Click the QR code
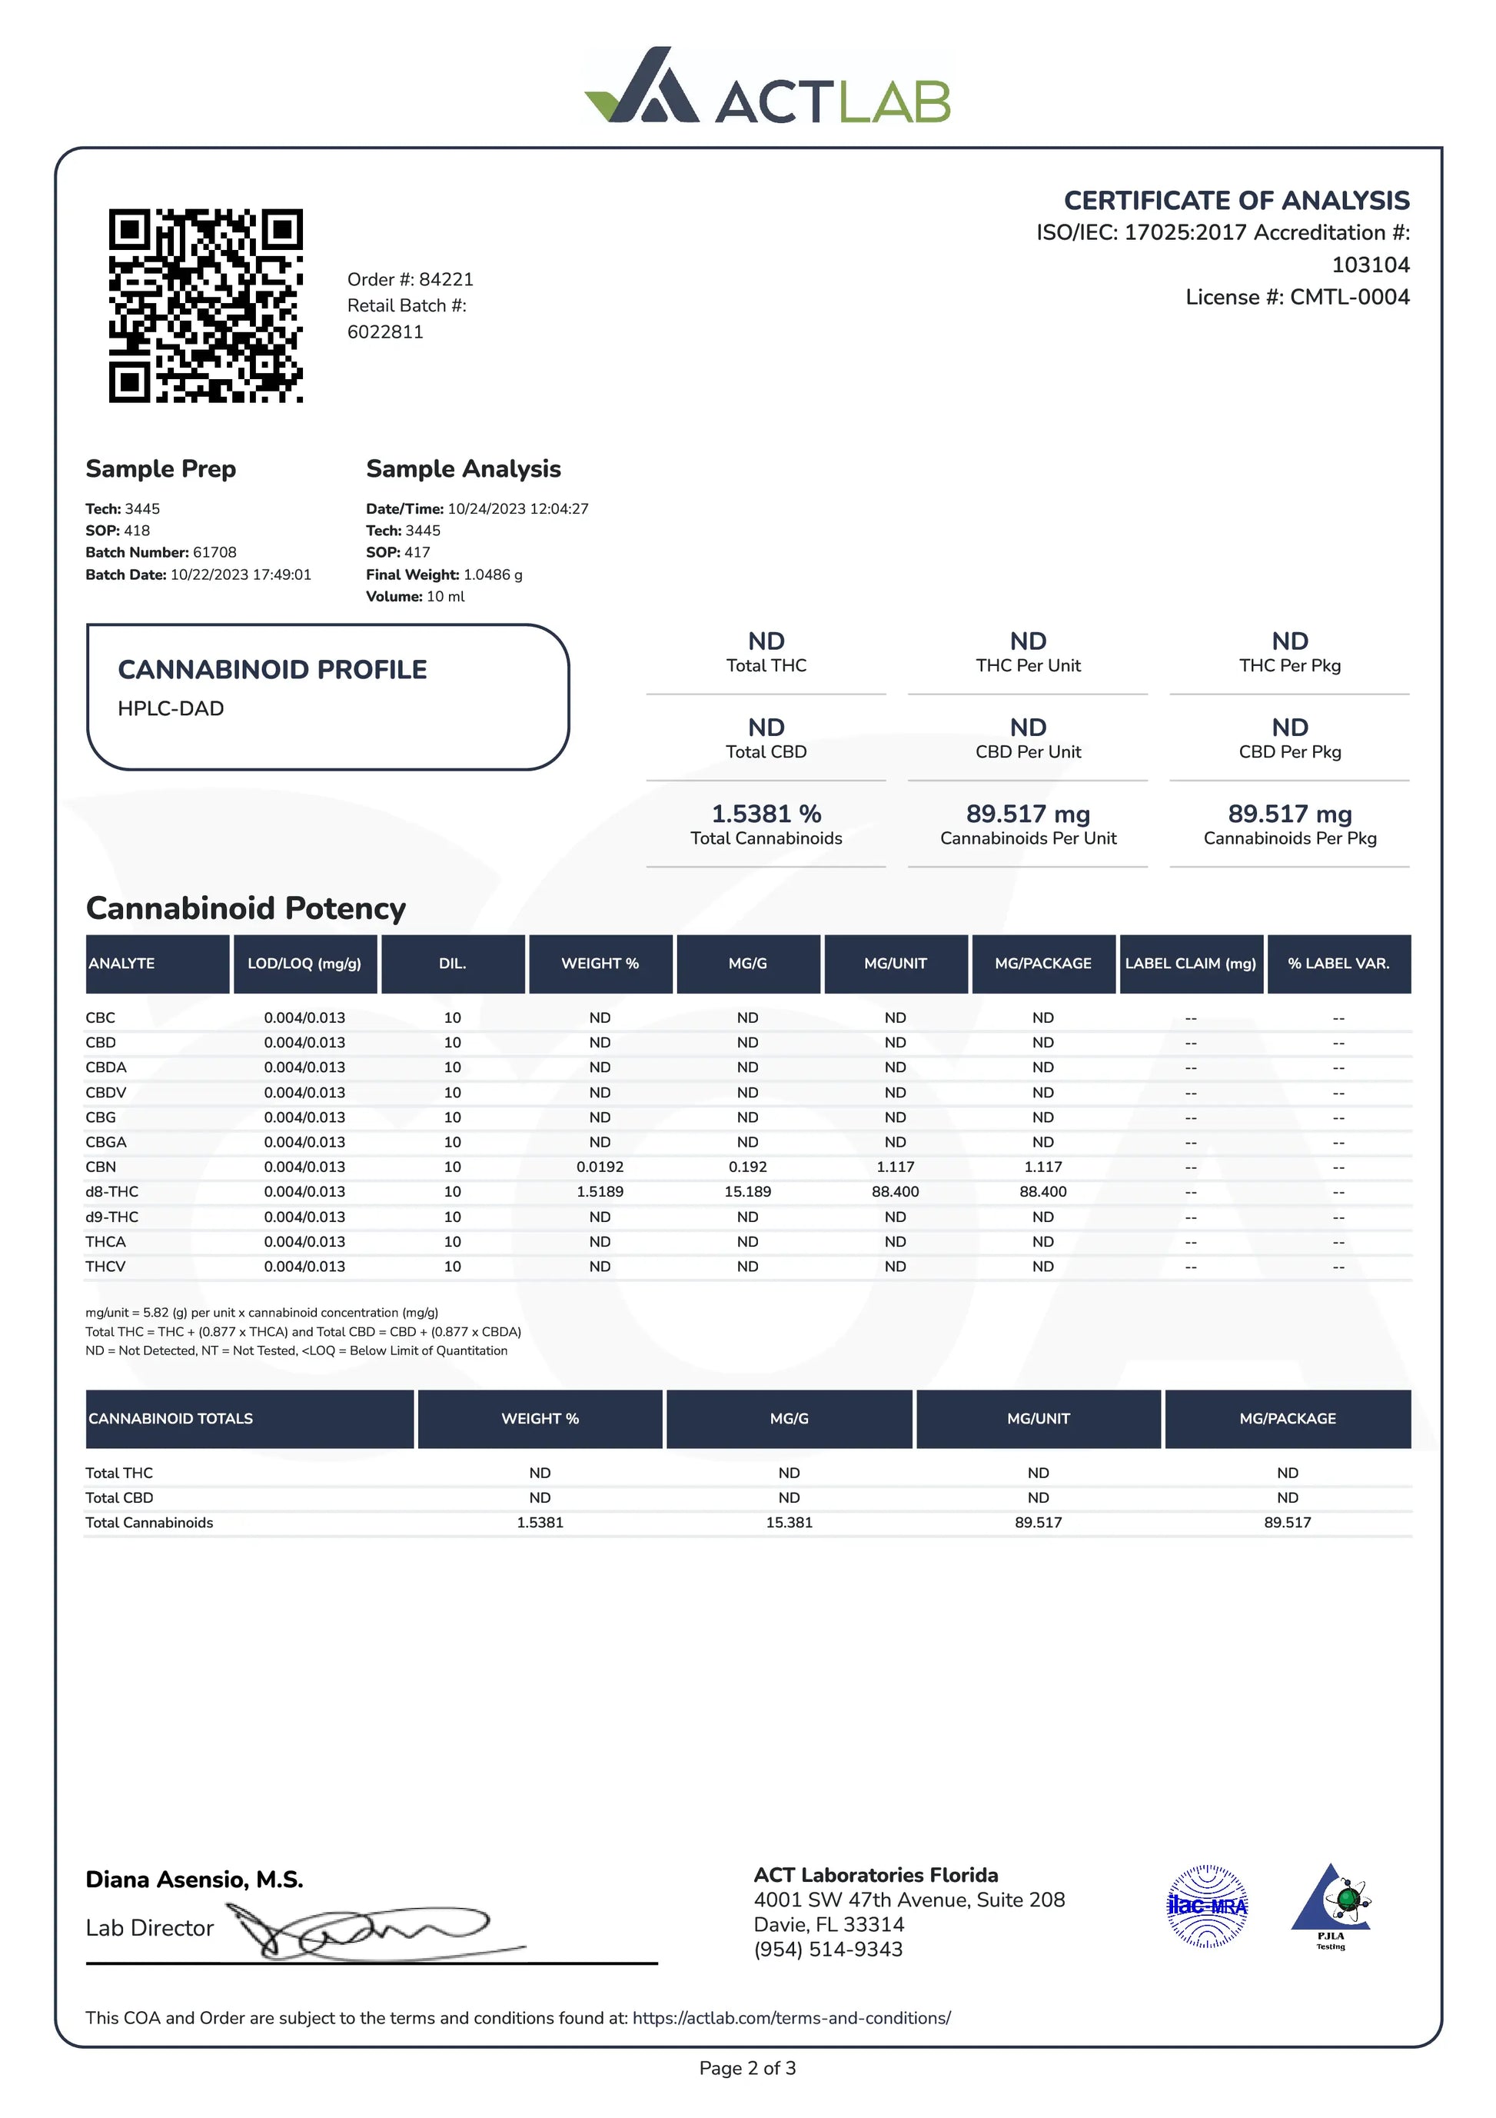pos(206,305)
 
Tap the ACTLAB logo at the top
pos(767,87)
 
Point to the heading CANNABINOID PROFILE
pos(272,670)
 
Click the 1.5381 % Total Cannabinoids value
pos(766,814)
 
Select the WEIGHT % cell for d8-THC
pos(600,1192)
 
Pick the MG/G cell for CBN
pos(747,1167)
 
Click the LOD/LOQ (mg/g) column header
pos(304,964)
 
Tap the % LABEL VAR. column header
pos(1338,964)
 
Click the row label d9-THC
pos(111,1217)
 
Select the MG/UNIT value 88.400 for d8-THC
pos(895,1192)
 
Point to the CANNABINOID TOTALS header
pos(171,1419)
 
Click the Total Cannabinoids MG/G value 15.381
pos(789,1523)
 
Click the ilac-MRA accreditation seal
pos(1207,1906)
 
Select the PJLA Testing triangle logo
pos(1330,1904)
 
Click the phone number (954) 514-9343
pos(827,1950)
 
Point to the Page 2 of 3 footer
pos(747,2068)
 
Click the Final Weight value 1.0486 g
pos(493,574)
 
